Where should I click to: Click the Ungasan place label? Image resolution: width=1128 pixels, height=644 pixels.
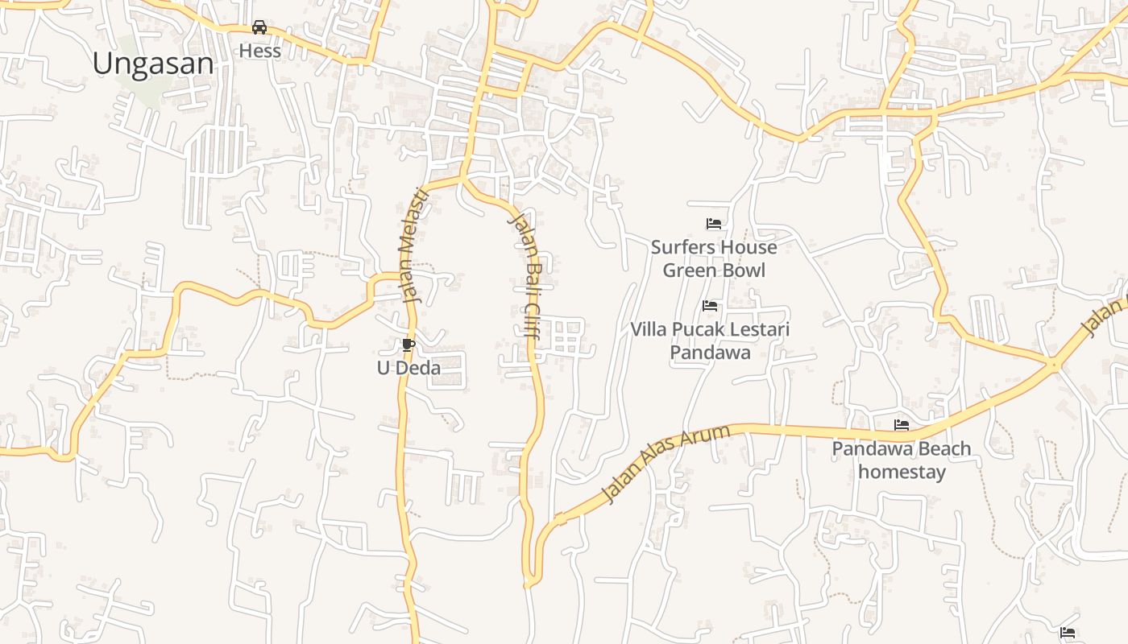(153, 64)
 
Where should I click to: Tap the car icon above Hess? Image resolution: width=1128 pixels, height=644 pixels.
(259, 27)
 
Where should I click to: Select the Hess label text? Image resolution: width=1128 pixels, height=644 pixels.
(259, 51)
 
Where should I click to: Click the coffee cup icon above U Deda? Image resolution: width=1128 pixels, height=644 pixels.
(408, 345)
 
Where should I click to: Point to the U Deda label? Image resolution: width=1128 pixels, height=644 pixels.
(408, 368)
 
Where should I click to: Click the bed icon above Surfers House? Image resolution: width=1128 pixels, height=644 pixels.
(713, 224)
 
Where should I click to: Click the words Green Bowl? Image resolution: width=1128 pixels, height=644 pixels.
(713, 270)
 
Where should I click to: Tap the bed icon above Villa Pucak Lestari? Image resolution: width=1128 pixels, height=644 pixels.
(710, 306)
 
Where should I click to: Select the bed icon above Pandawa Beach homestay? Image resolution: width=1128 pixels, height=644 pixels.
(902, 425)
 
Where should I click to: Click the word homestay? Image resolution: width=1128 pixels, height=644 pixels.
(902, 472)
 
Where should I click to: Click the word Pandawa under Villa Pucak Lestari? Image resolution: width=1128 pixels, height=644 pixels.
(710, 353)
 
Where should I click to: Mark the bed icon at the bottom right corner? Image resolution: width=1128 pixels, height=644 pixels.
(1068, 633)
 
